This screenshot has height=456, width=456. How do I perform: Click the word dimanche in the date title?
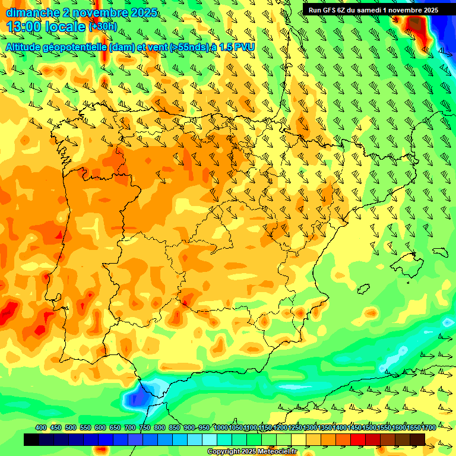coord(30,12)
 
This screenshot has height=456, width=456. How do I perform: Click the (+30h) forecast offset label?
coord(103,26)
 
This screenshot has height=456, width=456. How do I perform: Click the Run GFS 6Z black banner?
coord(372,9)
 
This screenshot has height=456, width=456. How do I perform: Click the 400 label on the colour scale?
coord(41,428)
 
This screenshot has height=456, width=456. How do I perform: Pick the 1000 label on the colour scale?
coord(221,428)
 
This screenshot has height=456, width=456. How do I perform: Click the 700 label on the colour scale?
coord(130,428)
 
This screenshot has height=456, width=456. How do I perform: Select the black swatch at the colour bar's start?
coord(31,439)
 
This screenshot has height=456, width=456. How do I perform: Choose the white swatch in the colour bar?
coord(210,439)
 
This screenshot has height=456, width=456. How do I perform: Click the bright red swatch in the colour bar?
coord(358,439)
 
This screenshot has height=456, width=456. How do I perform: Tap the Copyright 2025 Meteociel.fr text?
coord(252,452)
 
